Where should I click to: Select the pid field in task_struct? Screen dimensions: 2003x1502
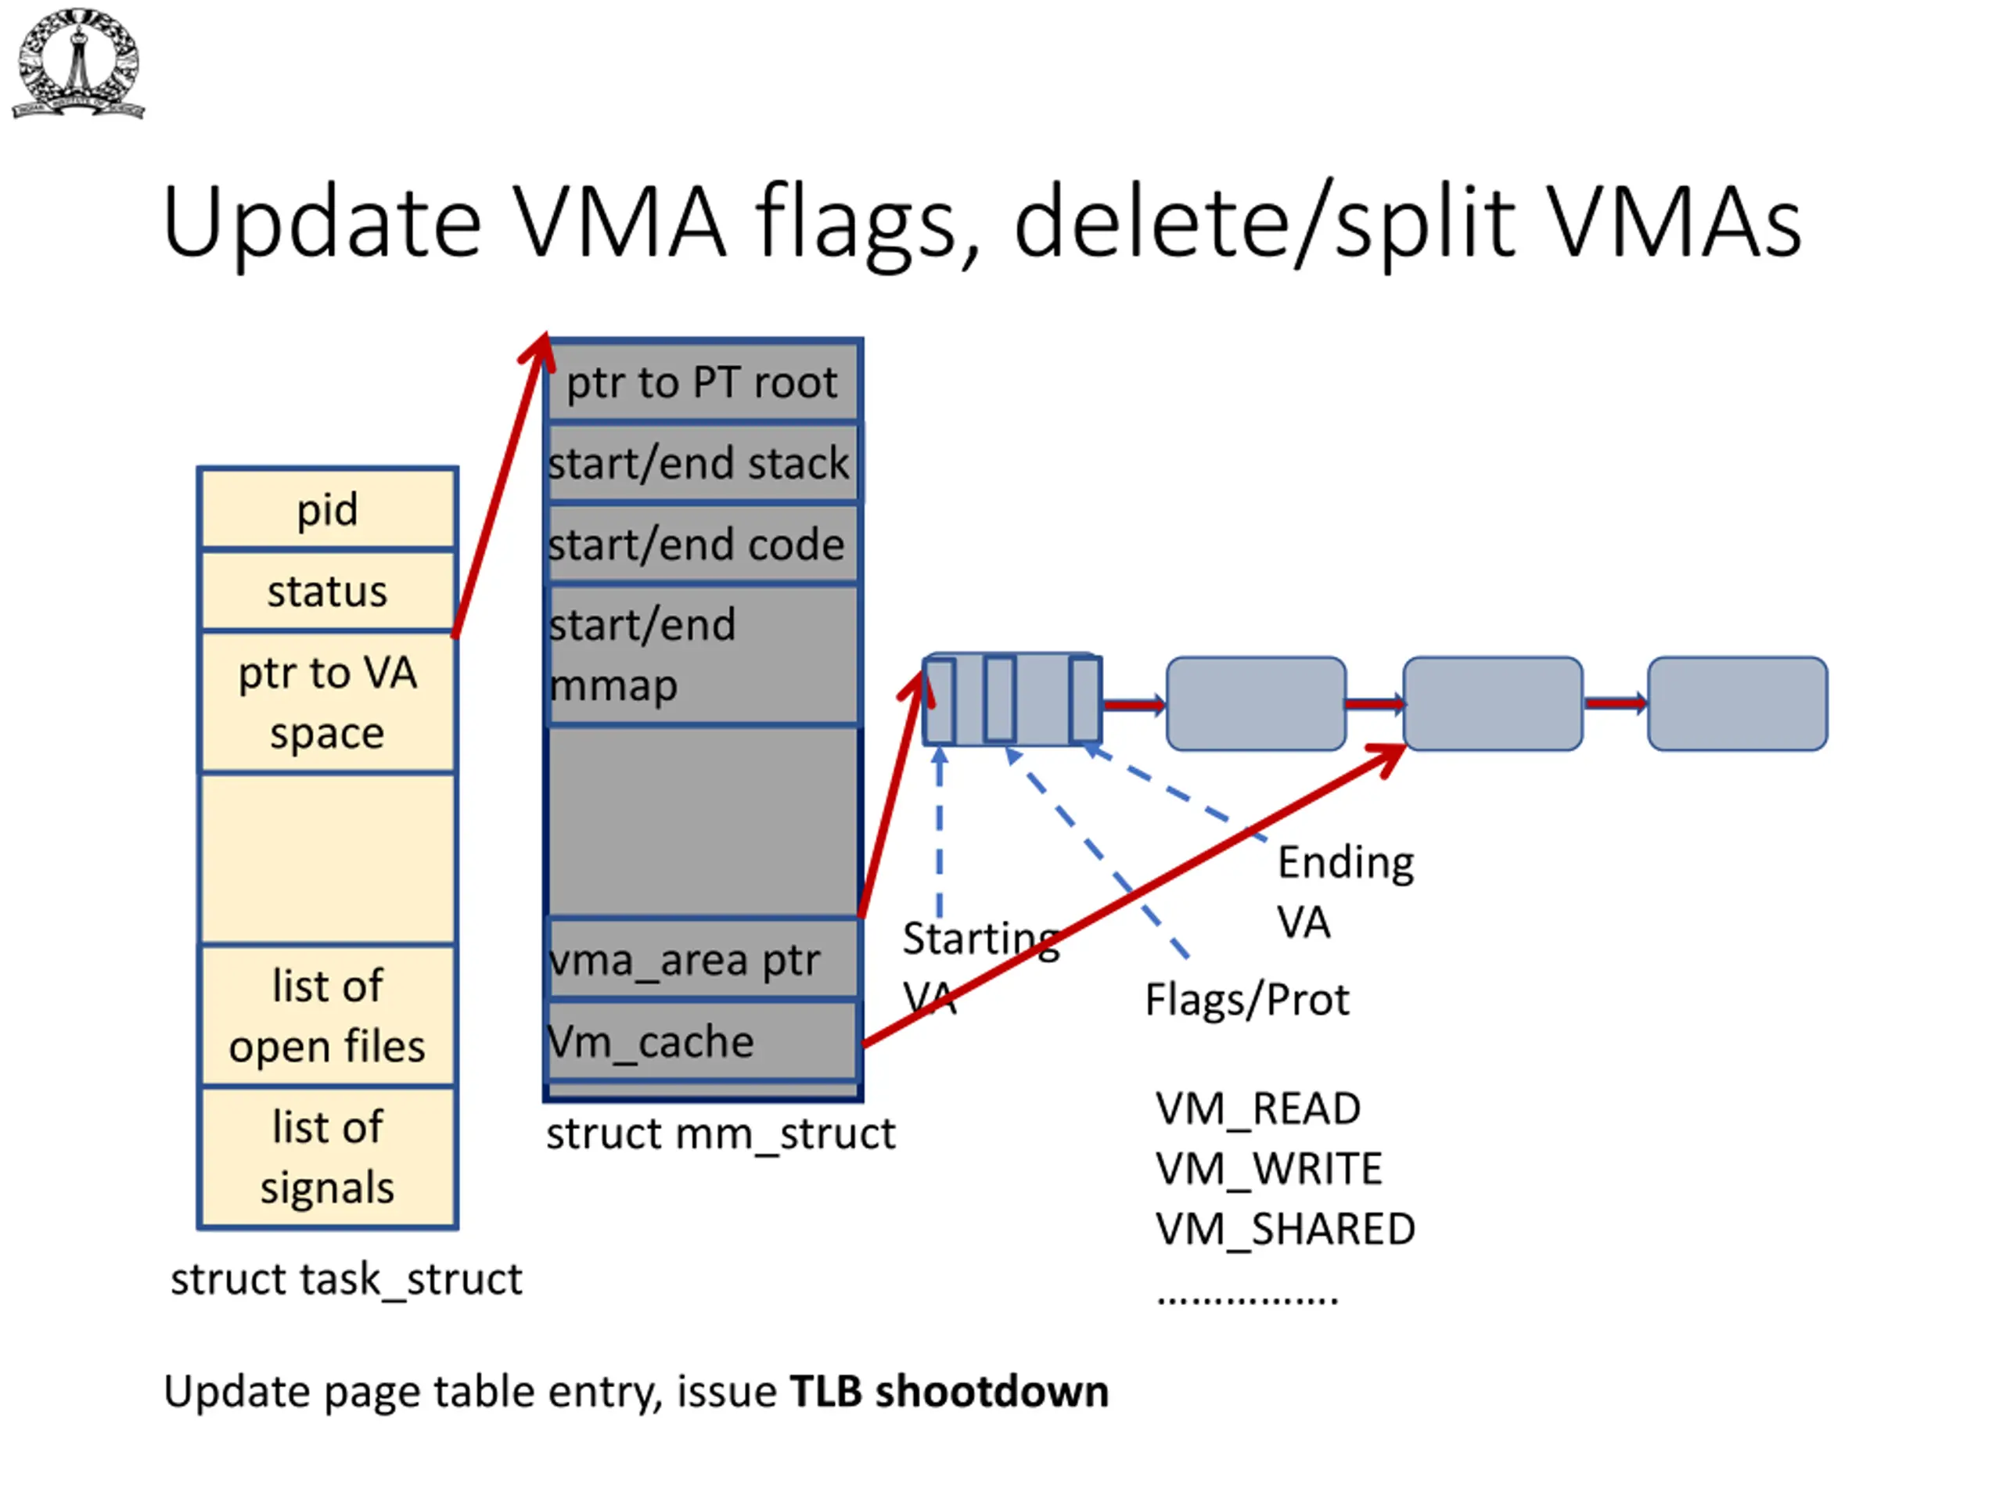click(328, 508)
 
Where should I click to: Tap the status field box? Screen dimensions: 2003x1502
click(328, 591)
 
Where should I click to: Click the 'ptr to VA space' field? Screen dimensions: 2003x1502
click(328, 702)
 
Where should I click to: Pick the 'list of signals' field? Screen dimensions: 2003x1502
click(328, 1157)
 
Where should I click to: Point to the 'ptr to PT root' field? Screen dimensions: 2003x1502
click(703, 381)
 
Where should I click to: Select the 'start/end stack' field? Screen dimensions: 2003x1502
click(703, 462)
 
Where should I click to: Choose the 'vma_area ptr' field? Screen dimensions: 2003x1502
click(703, 959)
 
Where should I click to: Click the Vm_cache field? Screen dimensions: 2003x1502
click(703, 1040)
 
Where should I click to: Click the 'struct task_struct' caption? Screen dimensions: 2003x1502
click(347, 1279)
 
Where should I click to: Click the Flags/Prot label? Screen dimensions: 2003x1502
click(1247, 1001)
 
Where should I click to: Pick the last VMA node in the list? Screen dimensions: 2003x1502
click(1738, 703)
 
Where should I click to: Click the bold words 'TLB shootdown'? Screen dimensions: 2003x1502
click(950, 1392)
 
